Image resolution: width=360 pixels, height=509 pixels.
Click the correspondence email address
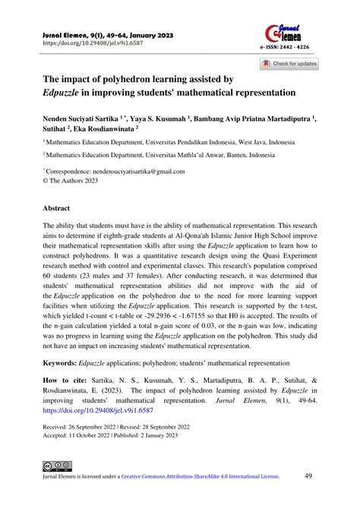(x=141, y=172)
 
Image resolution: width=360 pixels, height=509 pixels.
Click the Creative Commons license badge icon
(x=57, y=486)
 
